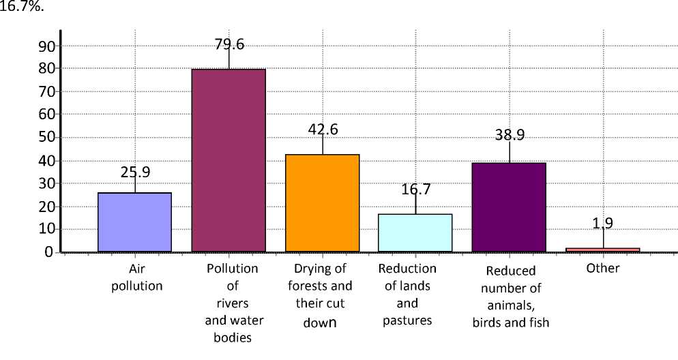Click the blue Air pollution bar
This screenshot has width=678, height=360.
pos(134,222)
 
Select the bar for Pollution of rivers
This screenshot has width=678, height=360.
pos(229,160)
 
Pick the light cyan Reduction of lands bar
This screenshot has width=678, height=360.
pos(415,232)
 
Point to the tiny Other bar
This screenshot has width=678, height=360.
pos(603,250)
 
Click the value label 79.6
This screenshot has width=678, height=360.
pos(229,44)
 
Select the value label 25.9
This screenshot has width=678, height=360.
pos(135,172)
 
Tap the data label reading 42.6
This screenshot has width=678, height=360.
pos(323,130)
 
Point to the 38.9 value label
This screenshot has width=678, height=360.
pos(510,135)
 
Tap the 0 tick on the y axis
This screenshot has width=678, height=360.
pos(49,252)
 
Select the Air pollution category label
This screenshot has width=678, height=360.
pos(136,277)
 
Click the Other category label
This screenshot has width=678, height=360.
pos(603,268)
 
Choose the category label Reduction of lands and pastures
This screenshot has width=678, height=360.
pos(407,294)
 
